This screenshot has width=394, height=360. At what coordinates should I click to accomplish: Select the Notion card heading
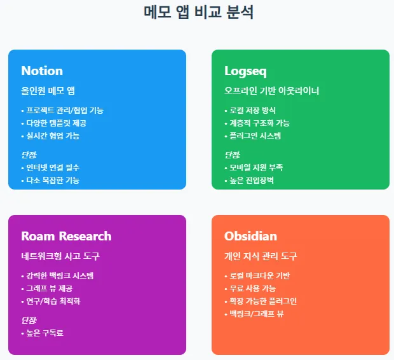(x=42, y=71)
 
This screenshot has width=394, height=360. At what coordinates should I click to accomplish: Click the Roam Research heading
(x=66, y=236)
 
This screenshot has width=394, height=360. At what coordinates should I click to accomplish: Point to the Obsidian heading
(x=250, y=236)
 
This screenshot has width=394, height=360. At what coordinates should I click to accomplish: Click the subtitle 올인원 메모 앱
(x=48, y=91)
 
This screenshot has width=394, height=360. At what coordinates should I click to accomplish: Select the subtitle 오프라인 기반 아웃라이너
(x=271, y=91)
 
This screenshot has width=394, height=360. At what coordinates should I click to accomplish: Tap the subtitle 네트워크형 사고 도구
(x=60, y=256)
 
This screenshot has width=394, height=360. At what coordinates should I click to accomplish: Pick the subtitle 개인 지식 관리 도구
(x=261, y=256)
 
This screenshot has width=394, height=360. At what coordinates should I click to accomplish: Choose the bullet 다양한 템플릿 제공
(x=56, y=123)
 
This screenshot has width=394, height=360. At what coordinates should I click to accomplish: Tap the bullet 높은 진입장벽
(x=252, y=180)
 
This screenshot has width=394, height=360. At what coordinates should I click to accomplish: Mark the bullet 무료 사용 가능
(x=252, y=288)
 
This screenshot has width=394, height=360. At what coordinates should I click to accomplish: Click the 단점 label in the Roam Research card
(x=29, y=320)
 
